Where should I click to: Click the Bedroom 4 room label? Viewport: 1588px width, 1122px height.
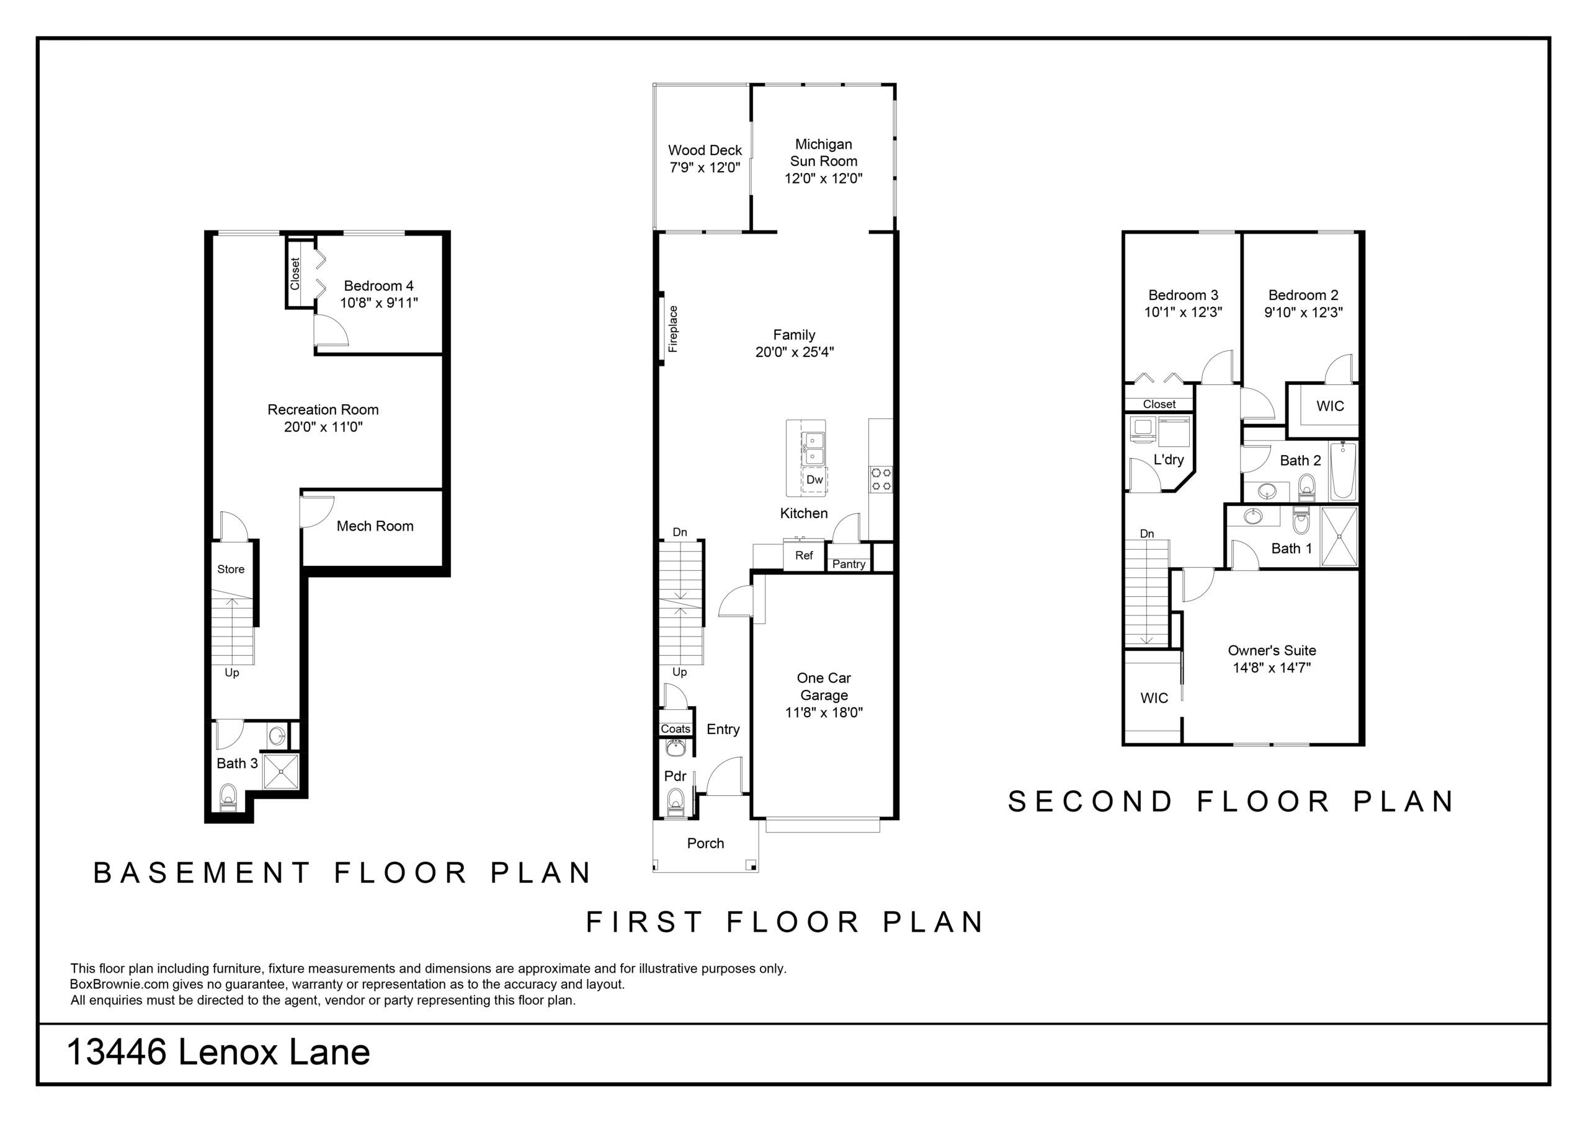click(379, 286)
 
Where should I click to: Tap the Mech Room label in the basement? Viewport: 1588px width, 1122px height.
click(375, 526)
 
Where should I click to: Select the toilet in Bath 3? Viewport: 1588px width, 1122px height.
click(228, 797)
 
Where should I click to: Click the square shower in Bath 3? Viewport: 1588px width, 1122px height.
click(282, 771)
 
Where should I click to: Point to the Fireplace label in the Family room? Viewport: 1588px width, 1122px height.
click(673, 329)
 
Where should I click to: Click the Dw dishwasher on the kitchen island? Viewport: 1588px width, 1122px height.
click(814, 479)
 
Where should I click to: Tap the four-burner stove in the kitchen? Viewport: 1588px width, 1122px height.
click(881, 479)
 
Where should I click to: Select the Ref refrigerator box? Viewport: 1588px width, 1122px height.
click(805, 555)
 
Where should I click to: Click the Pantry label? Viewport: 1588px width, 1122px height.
click(849, 564)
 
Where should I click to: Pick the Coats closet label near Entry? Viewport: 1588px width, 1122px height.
click(675, 728)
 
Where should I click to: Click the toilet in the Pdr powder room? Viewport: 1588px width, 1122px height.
click(675, 804)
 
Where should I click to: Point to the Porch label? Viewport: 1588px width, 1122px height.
click(705, 844)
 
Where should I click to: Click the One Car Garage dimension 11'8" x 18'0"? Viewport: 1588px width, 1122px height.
click(824, 713)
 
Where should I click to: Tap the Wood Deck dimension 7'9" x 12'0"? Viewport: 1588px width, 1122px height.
click(705, 167)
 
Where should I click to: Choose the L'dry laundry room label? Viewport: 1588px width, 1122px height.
click(1169, 460)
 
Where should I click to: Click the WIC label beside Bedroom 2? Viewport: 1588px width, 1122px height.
click(1330, 406)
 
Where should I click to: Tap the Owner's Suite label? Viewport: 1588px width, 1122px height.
click(1272, 650)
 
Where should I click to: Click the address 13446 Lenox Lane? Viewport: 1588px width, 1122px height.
click(218, 1053)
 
